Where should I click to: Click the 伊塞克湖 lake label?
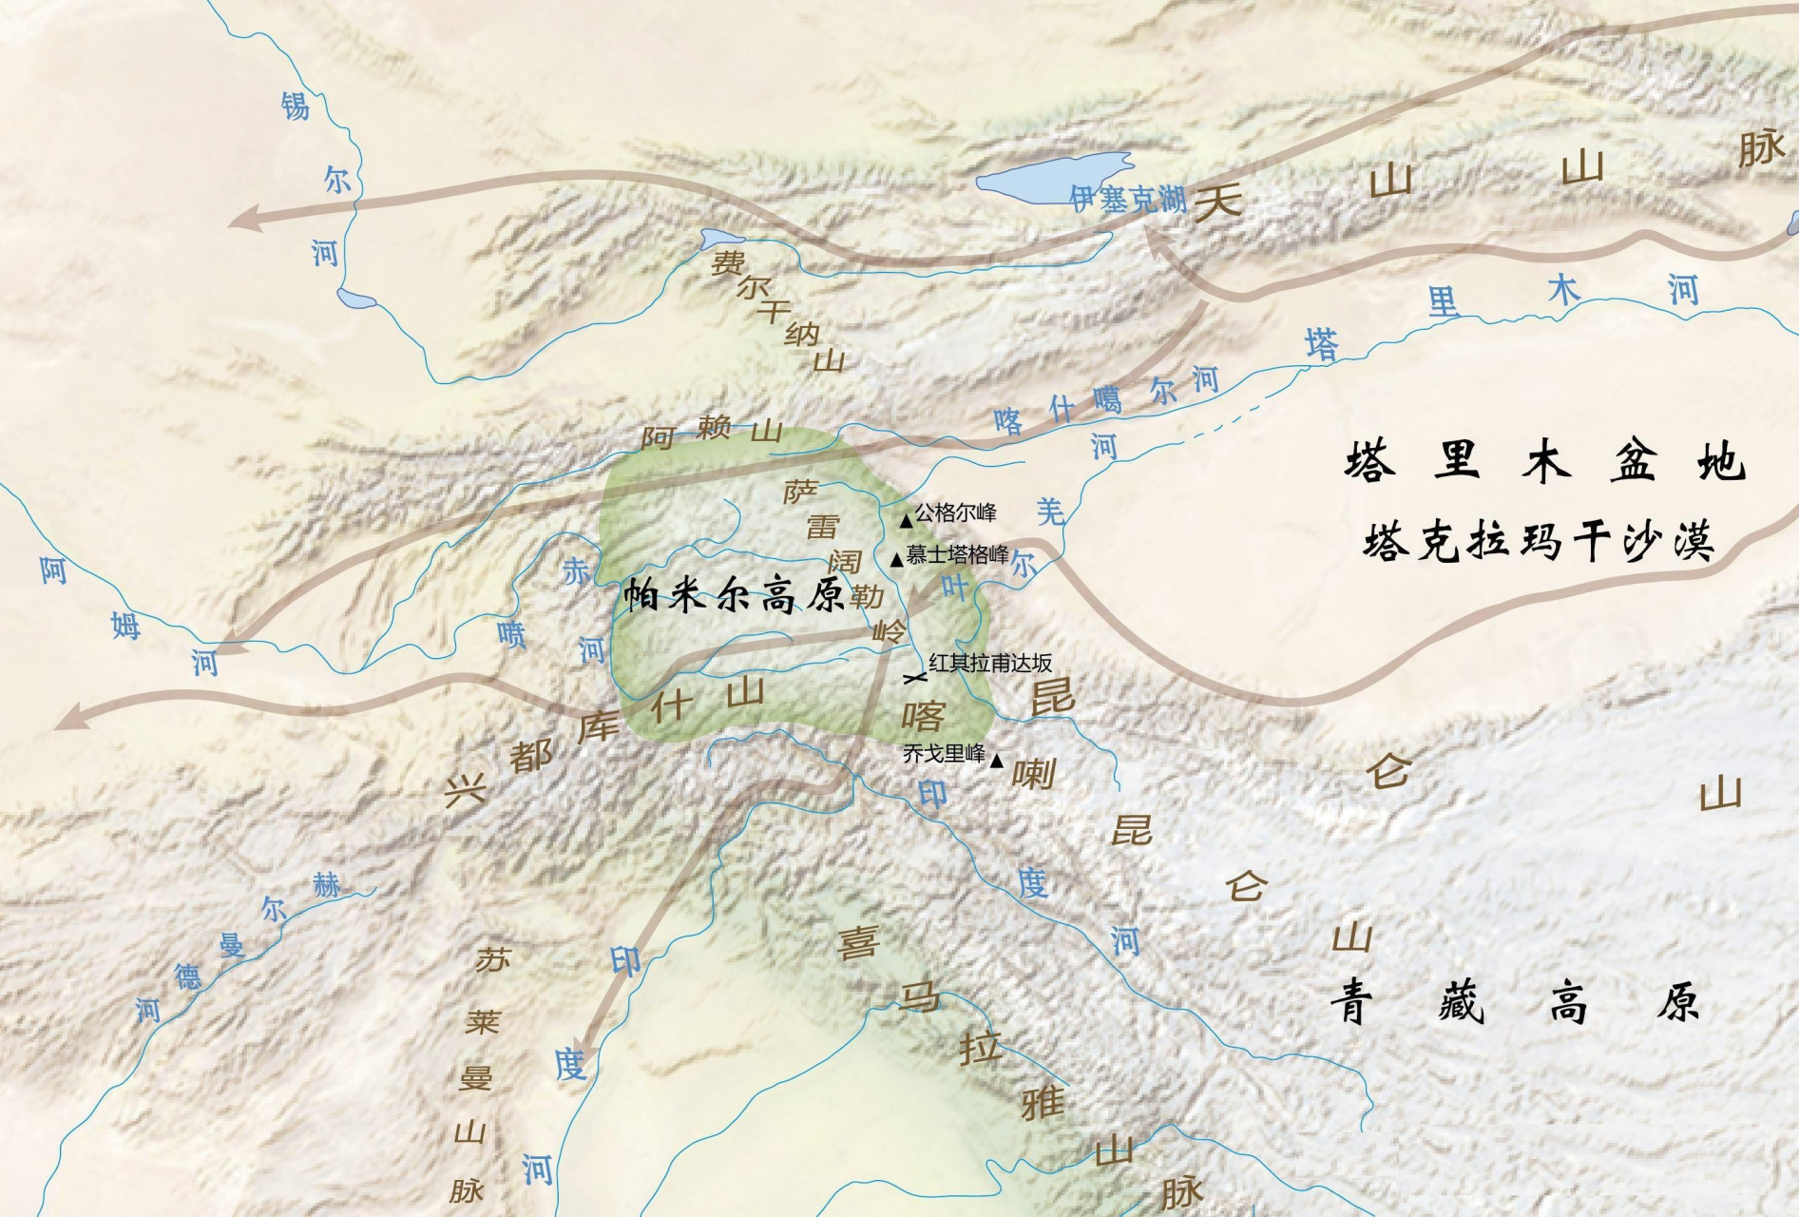[x=1128, y=199]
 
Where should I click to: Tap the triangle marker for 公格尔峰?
[x=907, y=521]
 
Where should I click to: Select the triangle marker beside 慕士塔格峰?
[x=896, y=561]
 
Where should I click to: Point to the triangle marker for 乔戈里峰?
[x=996, y=761]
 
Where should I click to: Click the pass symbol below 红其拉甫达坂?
[x=914, y=678]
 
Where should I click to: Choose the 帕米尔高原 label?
[x=734, y=596]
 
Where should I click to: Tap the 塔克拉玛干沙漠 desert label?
[x=1539, y=541]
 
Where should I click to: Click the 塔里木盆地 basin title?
[x=1544, y=462]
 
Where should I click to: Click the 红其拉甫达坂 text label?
[x=990, y=663]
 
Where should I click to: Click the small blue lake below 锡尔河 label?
[x=356, y=299]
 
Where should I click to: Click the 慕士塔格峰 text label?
[x=957, y=554]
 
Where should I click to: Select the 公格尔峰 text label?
[x=955, y=513]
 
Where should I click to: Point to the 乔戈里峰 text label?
[x=944, y=754]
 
